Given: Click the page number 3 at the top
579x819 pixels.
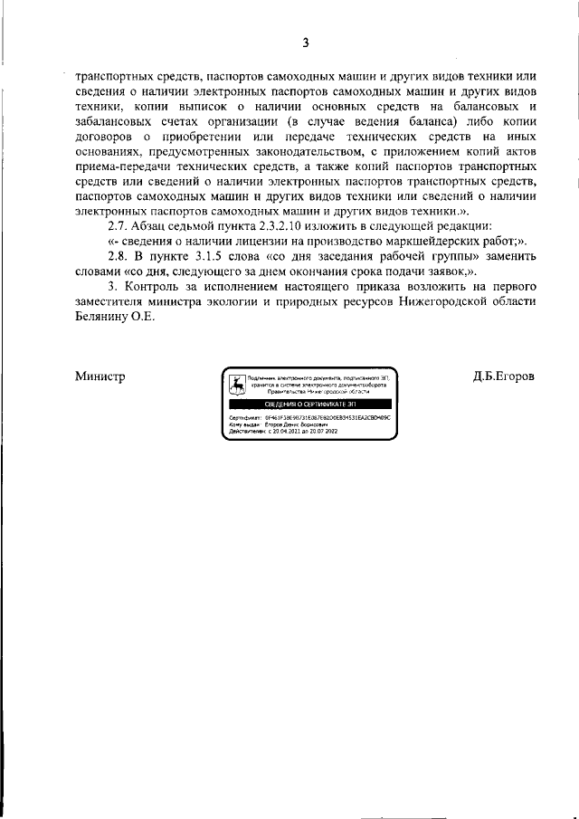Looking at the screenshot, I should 306,43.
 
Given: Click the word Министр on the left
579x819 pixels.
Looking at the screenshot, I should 100,376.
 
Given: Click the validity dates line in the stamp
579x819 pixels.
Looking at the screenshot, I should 286,432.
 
